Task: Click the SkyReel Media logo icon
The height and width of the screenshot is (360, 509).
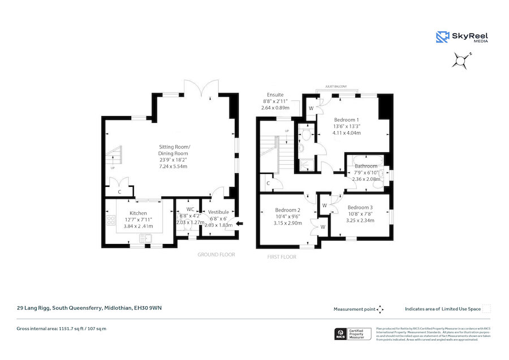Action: pos(442,37)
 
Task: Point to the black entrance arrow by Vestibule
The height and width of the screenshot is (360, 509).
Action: pos(240,224)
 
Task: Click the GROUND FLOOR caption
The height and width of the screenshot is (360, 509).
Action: pos(216,255)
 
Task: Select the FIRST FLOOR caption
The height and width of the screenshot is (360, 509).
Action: pos(281,257)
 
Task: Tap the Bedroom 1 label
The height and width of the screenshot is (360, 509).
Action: pos(346,119)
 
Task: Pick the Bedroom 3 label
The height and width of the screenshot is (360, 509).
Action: pos(360,207)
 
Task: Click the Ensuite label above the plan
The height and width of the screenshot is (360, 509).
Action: pos(275,95)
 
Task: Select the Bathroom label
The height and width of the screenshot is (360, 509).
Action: pos(366,166)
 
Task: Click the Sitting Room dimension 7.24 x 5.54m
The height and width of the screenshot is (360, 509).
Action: pos(174,167)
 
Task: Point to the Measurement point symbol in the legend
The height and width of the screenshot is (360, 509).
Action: pos(381,309)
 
